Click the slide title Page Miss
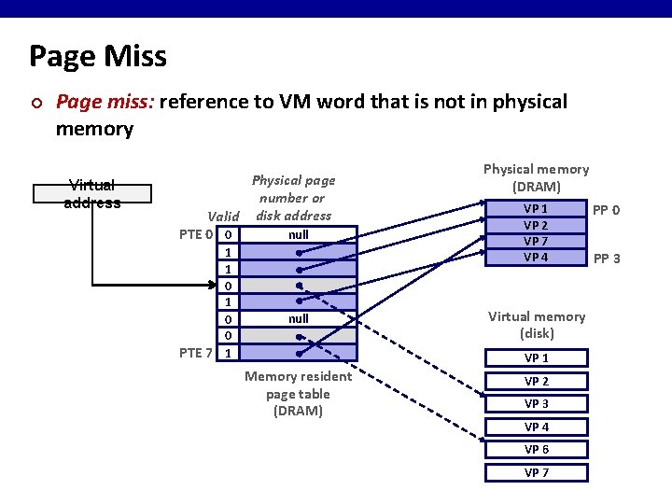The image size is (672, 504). [98, 57]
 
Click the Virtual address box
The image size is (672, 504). [92, 193]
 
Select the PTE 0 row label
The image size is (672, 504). [198, 234]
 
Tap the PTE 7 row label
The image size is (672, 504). [198, 352]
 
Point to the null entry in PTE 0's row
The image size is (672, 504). [298, 234]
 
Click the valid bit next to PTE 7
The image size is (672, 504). [229, 352]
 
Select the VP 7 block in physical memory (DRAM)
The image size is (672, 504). [536, 242]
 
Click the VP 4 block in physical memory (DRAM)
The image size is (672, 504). [536, 258]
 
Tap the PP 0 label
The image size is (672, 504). [607, 210]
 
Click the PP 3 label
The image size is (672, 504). [607, 259]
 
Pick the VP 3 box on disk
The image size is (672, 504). [536, 403]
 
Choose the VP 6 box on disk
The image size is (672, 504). [536, 449]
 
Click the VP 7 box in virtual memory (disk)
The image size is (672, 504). [536, 472]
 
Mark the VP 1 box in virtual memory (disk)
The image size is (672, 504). [536, 357]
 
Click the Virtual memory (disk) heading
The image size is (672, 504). [536, 325]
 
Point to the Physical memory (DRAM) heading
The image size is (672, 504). [536, 177]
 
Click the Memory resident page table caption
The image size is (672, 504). [298, 393]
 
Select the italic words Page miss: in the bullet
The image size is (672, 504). [105, 101]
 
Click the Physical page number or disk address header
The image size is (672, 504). [293, 197]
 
